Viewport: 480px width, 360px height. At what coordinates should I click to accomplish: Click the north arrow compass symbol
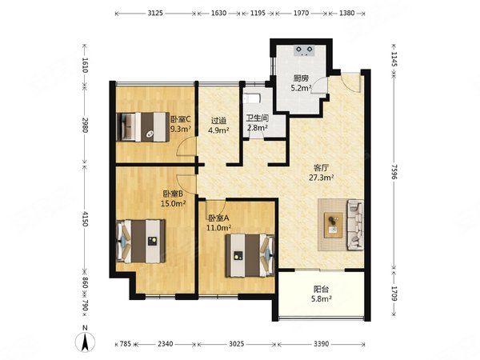click(x=85, y=342)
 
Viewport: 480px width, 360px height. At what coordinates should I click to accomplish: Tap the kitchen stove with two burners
click(x=304, y=50)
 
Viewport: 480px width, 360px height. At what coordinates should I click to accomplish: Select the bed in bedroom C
click(x=142, y=127)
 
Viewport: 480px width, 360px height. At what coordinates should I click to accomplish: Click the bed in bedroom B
click(x=141, y=241)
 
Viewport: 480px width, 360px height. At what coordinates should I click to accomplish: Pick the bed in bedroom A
click(x=250, y=255)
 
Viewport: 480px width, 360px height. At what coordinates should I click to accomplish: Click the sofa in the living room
click(x=355, y=224)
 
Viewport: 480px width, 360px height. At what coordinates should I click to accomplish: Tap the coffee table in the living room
click(x=333, y=225)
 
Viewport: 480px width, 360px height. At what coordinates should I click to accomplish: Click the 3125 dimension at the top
click(x=155, y=13)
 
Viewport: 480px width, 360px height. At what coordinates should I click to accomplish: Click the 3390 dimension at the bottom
click(x=321, y=344)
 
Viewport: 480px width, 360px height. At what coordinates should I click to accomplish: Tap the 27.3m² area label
click(x=321, y=178)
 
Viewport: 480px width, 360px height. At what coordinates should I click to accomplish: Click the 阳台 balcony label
click(x=321, y=289)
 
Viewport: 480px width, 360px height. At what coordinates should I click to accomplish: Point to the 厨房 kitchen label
click(x=301, y=78)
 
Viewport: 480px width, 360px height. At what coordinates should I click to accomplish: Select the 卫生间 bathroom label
click(x=258, y=118)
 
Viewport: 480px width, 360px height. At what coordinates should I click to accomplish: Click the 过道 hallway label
click(x=218, y=121)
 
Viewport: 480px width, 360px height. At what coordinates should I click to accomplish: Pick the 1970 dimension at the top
click(x=302, y=13)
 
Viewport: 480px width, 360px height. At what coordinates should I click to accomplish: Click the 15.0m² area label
click(x=174, y=203)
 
